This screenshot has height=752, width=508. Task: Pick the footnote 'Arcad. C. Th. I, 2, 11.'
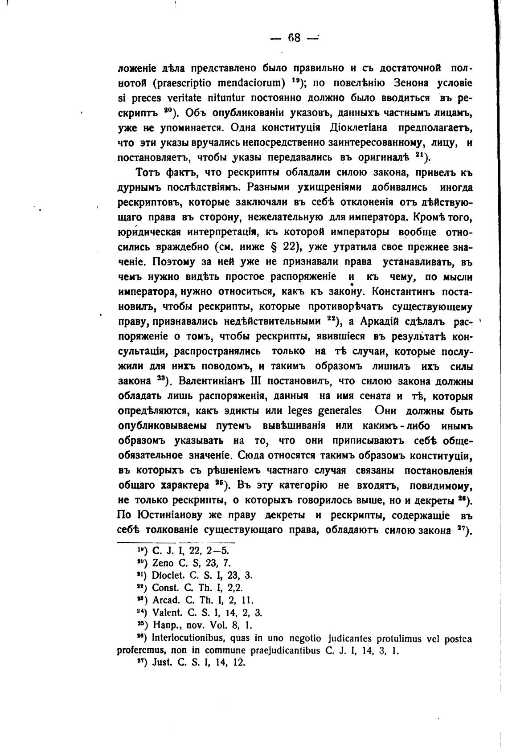coord(203,600)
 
